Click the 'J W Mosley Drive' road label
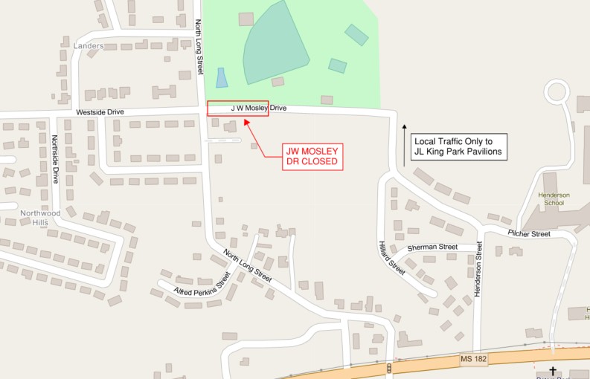(258, 108)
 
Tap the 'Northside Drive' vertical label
(56, 159)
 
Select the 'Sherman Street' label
(432, 247)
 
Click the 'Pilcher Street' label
(529, 233)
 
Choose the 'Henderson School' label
(554, 198)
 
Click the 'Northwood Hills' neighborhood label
(40, 217)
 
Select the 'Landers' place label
(89, 45)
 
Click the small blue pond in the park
(221, 77)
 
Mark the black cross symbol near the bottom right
(553, 369)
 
